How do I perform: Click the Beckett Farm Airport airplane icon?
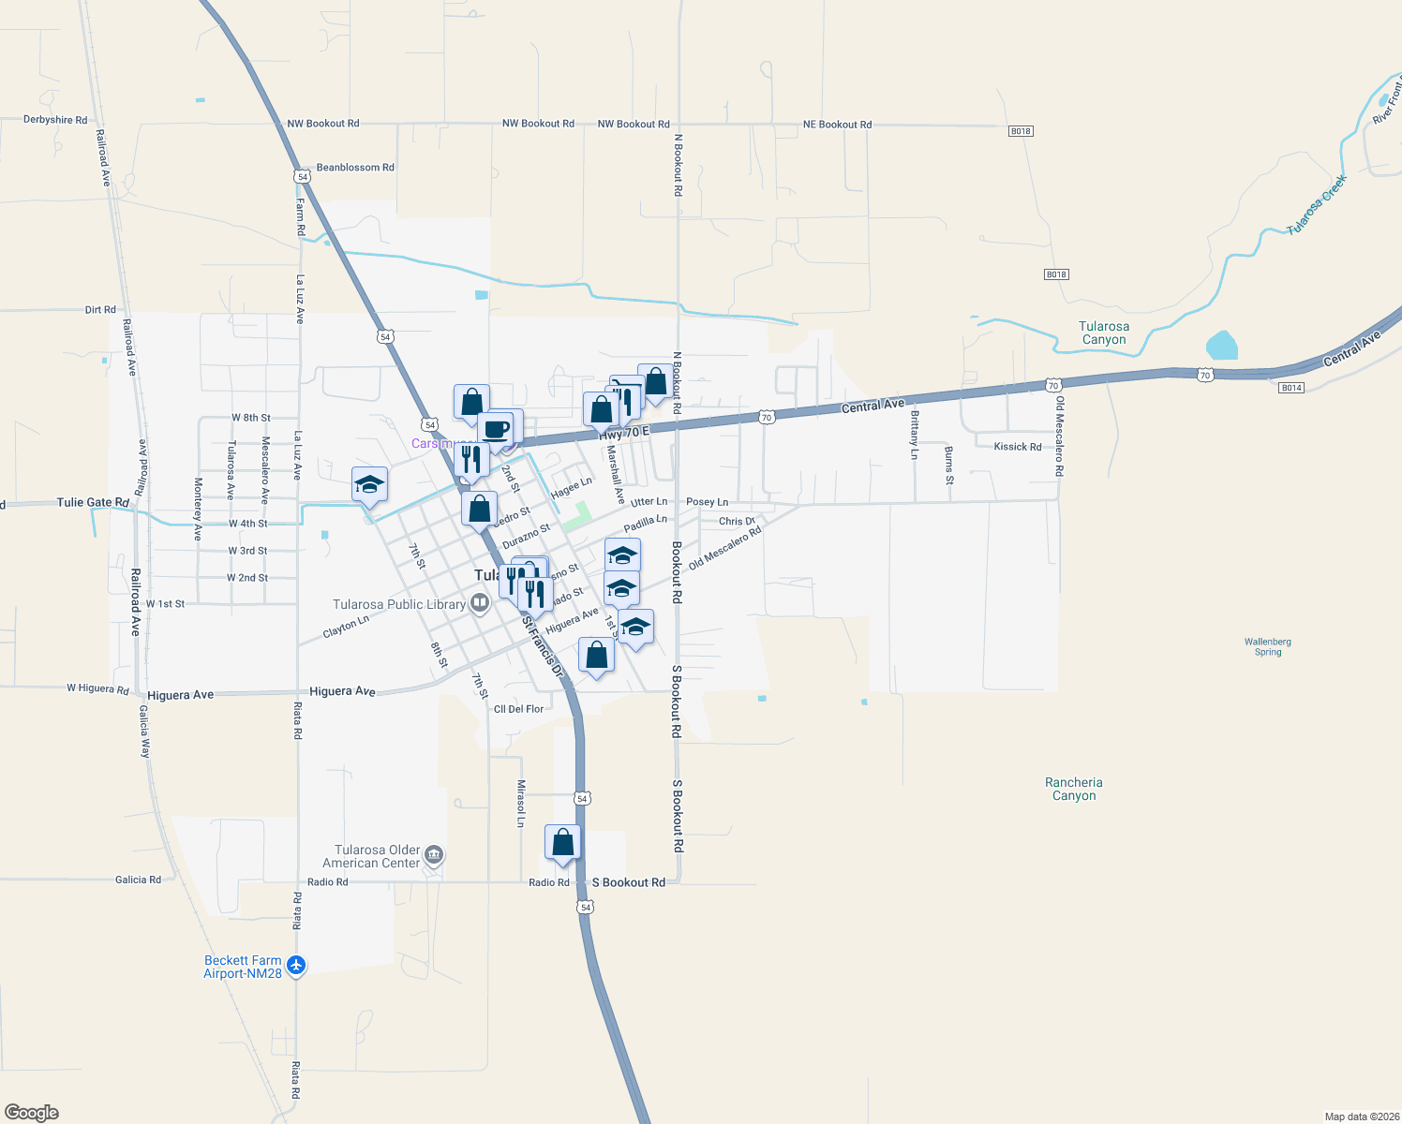coord(296,965)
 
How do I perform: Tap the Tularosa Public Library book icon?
coord(480,602)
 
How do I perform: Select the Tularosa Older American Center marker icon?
coord(433,854)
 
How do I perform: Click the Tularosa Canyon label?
coord(1104,333)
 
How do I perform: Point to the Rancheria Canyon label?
coord(1074,789)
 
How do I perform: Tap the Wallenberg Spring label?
coord(1268,647)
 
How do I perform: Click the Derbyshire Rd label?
coord(55,120)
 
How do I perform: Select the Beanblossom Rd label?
coord(355,168)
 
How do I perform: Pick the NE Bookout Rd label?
coord(837,125)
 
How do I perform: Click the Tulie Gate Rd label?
coord(93,503)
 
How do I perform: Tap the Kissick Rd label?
coord(1018,447)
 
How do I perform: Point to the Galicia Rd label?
coord(138,880)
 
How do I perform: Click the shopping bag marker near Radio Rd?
coord(563,842)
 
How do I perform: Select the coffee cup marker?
coord(496,429)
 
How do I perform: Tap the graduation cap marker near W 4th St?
coord(369,484)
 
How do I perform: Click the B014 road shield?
coord(1291,388)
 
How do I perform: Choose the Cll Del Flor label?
coord(519,709)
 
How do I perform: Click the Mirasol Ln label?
coord(521,804)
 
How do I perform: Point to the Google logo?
coord(31,1113)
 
